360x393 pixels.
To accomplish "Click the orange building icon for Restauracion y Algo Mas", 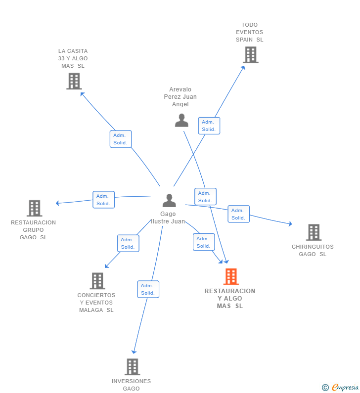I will pyautogui.click(x=231, y=277).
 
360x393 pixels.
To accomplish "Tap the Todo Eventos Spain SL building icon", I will pyautogui.click(x=251, y=55).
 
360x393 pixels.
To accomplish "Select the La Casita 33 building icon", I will pyautogui.click(x=74, y=81).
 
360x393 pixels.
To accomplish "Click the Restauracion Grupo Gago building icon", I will pyautogui.click(x=34, y=208).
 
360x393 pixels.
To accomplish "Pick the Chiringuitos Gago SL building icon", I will pyautogui.click(x=314, y=232).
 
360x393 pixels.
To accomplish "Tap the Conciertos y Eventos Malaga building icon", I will pyautogui.click(x=97, y=281).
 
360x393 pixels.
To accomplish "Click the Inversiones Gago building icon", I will pyautogui.click(x=132, y=367).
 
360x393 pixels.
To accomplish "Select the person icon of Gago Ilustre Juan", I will pyautogui.click(x=169, y=201).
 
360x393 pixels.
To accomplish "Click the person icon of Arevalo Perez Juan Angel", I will pyautogui.click(x=181, y=120).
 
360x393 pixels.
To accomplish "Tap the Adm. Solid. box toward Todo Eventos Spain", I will pyautogui.click(x=209, y=126).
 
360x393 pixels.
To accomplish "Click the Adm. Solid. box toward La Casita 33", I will pyautogui.click(x=121, y=139).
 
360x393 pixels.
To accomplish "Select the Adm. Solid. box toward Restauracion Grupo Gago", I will pyautogui.click(x=103, y=200).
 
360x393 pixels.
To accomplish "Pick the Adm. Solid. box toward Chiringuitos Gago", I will pyautogui.click(x=238, y=214).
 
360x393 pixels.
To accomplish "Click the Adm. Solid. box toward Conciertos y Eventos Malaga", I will pyautogui.click(x=128, y=243).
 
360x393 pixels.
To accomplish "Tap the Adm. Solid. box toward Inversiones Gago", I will pyautogui.click(x=148, y=289).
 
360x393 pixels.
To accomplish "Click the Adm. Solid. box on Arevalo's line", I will pyautogui.click(x=205, y=197).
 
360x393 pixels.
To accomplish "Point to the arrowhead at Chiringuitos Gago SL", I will pyautogui.click(x=290, y=224).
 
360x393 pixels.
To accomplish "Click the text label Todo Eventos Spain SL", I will pyautogui.click(x=250, y=32).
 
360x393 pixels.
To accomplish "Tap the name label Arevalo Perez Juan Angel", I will pyautogui.click(x=180, y=97).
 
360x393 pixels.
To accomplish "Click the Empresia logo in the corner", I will pyautogui.click(x=344, y=388).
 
